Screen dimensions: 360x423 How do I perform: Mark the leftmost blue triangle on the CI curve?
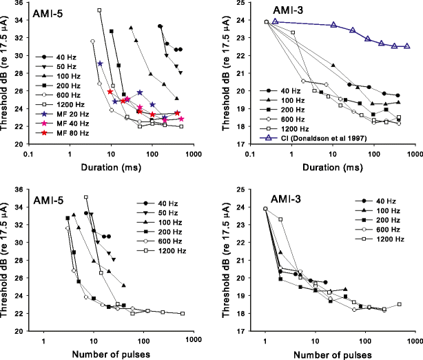tap(275, 21)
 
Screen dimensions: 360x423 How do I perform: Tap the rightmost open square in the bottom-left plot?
tap(183, 313)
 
